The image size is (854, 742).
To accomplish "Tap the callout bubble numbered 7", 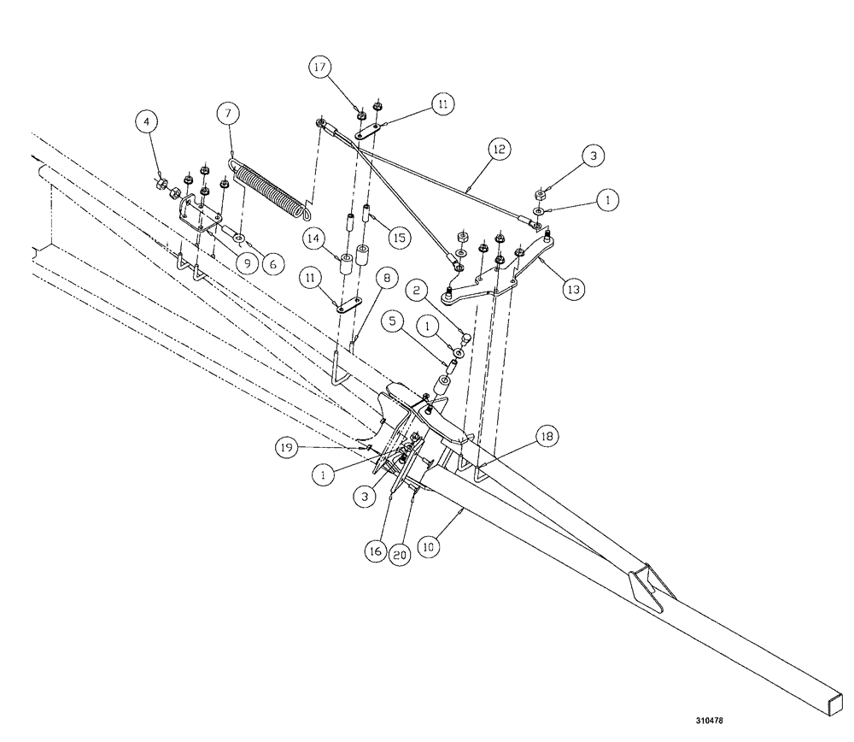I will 228,113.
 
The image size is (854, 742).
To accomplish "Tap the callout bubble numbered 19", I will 287,447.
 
